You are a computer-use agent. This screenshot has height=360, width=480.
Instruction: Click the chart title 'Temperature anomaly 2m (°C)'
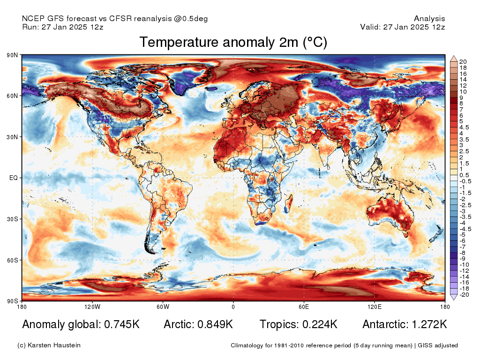(233, 43)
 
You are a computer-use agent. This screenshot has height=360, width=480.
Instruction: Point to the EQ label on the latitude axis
(13, 178)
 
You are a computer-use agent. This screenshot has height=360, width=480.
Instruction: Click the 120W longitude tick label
(92, 307)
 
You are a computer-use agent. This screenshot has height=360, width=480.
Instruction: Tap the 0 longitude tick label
(233, 307)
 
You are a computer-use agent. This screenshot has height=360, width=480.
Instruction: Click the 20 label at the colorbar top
(463, 61)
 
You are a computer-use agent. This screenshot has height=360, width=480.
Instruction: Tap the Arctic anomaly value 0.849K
(214, 324)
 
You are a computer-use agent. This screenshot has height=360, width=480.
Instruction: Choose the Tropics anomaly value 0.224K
(318, 324)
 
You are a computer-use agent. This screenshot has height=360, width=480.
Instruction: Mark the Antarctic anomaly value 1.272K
(428, 324)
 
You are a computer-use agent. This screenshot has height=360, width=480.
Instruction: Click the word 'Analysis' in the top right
(429, 19)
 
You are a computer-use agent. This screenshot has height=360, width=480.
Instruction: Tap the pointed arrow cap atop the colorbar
(454, 58)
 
